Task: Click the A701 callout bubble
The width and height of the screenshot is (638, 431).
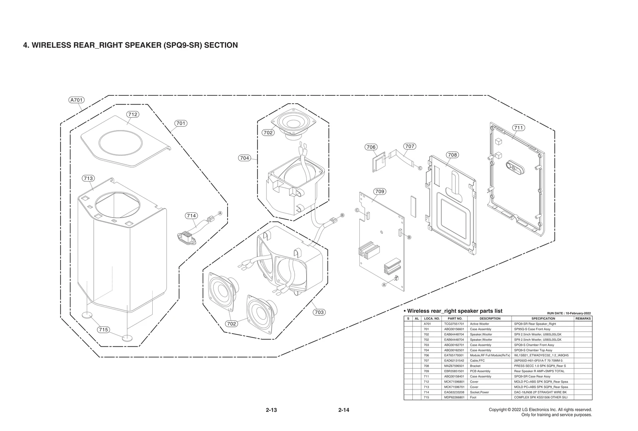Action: pos(77,100)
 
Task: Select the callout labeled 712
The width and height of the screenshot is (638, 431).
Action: pos(133,115)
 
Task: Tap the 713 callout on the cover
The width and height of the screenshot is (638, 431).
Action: pos(88,178)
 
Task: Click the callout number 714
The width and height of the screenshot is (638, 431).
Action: pos(191,216)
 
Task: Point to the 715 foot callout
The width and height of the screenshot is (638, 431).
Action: pos(104,330)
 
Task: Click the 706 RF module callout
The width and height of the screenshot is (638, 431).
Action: pos(371,147)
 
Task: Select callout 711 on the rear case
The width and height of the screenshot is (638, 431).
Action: pos(518,128)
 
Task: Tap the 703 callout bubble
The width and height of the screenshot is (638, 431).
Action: pos(319,312)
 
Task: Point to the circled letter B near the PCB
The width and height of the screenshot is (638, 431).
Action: pos(409,237)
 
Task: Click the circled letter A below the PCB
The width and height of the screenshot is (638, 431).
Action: pos(384,285)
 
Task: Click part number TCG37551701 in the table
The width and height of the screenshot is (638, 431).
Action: pos(454,324)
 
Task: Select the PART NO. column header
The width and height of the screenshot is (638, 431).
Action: pos(455,318)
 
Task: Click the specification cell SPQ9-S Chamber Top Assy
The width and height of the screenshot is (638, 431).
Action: pos(533,350)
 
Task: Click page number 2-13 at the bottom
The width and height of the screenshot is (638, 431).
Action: pos(271,410)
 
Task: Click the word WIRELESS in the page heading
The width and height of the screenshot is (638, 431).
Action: pos(51,45)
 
